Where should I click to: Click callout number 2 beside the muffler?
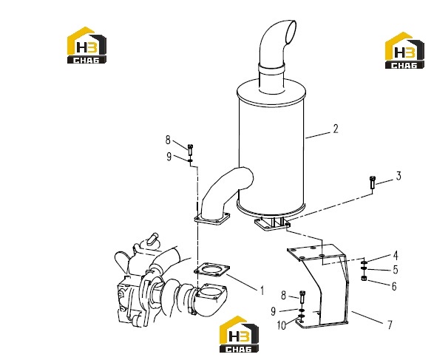(x=336, y=129)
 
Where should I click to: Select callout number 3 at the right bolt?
(x=399, y=176)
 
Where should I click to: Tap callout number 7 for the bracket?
(x=390, y=325)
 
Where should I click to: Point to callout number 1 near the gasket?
(x=262, y=291)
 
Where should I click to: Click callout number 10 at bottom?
(x=281, y=325)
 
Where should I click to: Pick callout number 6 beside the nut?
(x=394, y=286)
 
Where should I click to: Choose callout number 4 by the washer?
(x=396, y=256)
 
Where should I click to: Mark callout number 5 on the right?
(x=396, y=270)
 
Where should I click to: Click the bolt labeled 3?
(x=373, y=183)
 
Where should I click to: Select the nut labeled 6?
(x=364, y=278)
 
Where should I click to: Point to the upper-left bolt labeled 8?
(x=190, y=150)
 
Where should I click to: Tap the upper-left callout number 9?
(x=169, y=157)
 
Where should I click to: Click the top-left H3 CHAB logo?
(x=87, y=45)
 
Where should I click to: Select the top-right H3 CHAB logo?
(x=404, y=50)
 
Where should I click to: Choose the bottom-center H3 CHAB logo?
(x=239, y=334)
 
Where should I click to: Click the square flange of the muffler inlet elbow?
(x=212, y=219)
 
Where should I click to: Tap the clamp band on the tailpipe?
(x=271, y=68)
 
